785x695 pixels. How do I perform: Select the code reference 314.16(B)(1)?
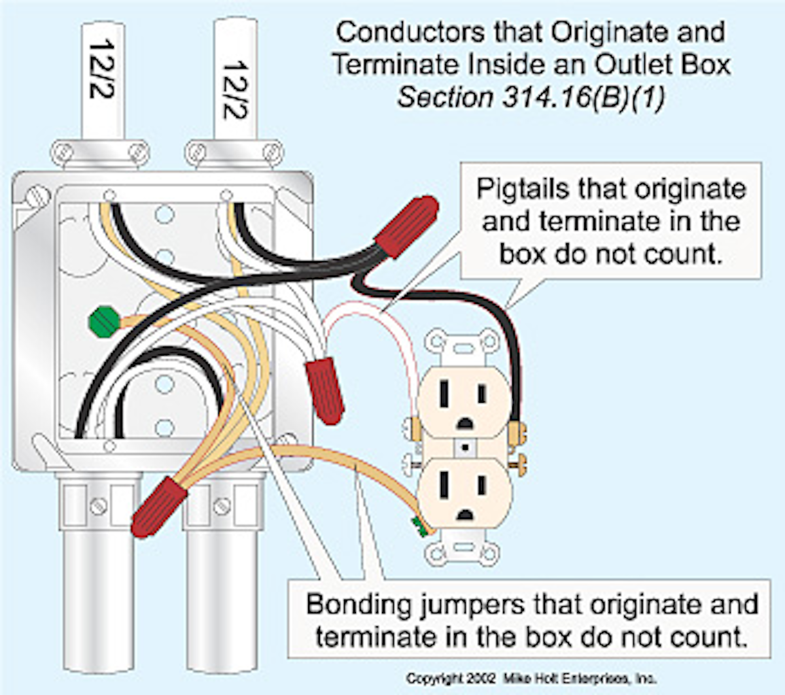coord(584,97)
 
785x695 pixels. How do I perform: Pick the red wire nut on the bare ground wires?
coord(159,506)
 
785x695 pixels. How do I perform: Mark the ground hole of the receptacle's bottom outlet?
coord(464,513)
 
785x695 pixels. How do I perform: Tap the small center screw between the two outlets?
coord(465,449)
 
